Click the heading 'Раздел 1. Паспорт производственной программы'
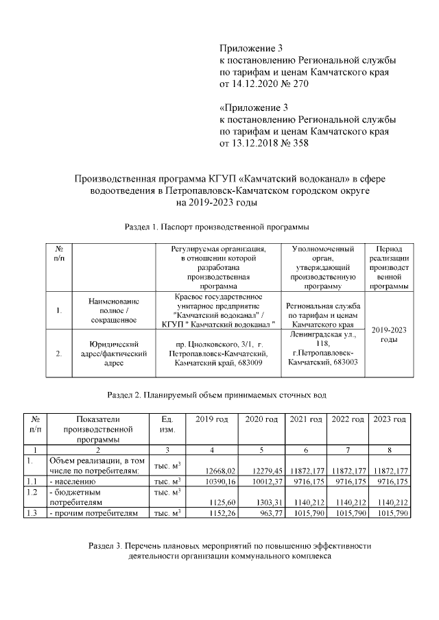217,225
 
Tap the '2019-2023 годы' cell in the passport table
389,335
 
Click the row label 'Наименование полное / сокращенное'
114,310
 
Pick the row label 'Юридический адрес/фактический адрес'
114,354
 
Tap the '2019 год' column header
212,419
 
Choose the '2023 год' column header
389,419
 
